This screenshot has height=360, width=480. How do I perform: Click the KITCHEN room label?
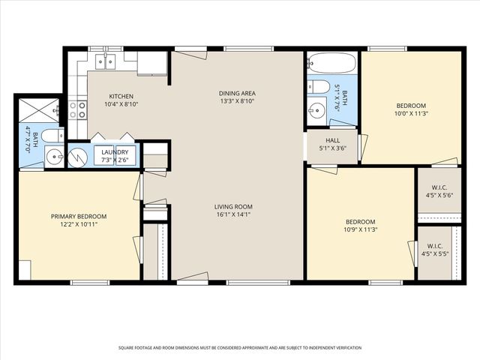click(121, 96)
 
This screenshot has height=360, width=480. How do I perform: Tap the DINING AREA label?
click(237, 93)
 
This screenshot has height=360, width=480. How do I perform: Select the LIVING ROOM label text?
click(233, 207)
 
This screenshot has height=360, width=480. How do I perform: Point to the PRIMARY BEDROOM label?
click(79, 217)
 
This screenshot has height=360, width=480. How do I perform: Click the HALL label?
click(332, 140)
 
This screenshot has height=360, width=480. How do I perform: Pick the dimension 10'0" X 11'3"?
click(411, 113)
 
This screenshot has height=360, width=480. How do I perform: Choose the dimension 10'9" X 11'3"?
click(360, 229)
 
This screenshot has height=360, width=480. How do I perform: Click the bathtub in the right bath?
click(332, 63)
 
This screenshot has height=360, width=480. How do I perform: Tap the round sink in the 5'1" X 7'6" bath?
click(317, 108)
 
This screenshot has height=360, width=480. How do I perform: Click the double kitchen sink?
click(105, 61)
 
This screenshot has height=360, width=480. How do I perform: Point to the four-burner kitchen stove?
click(78, 110)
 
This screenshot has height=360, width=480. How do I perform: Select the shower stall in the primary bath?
click(39, 110)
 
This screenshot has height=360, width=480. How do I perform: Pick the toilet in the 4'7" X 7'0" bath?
click(52, 136)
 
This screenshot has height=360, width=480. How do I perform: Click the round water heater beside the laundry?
click(78, 158)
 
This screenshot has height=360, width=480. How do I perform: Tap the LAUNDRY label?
click(115, 152)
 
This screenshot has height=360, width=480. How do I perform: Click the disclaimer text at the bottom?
click(240, 348)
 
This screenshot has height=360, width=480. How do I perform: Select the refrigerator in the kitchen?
click(152, 63)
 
